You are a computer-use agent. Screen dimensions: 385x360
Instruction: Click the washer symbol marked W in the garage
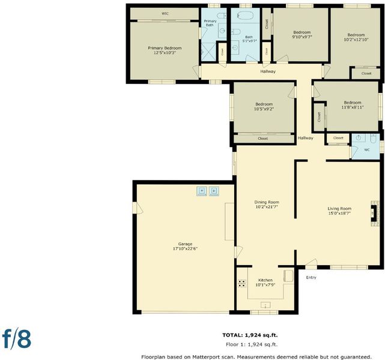pos(202,191)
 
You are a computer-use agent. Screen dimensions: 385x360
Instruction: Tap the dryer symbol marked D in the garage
pos(214,191)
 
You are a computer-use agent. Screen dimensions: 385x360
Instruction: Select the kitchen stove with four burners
pos(242,283)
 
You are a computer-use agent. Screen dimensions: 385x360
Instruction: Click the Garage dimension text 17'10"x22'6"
pos(186,248)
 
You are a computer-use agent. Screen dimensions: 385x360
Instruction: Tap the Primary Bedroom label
pos(165,48)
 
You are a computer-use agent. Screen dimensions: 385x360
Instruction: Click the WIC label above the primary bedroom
pos(165,14)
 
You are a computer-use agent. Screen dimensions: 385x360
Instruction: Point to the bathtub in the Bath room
pos(245,15)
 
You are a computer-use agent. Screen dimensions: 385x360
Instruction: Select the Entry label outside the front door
pos(311,278)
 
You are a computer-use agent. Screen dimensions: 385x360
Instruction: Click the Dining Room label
pos(267,202)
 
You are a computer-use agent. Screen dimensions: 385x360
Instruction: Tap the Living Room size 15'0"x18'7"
pos(339,214)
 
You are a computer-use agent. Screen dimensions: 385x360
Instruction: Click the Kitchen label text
pos(265,280)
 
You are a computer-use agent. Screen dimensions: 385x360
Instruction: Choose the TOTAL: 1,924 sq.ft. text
pos(250,335)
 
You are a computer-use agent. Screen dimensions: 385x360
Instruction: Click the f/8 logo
pos(16,339)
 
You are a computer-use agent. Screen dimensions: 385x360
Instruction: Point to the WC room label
pos(367,150)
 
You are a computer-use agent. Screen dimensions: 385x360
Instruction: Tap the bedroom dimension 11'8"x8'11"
pos(353,107)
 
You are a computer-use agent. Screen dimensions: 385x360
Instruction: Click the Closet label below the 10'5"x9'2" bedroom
pos(263,139)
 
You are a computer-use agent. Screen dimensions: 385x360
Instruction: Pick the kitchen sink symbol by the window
pos(265,305)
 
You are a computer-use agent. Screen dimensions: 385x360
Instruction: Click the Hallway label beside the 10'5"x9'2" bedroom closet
pos(306,138)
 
